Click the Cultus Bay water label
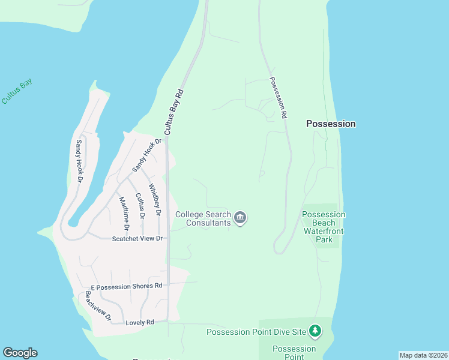[x=17, y=92]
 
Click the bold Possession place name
[x=331, y=124]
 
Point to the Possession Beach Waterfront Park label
[x=324, y=227]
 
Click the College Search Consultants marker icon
[x=240, y=217]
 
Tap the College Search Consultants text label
[x=203, y=218]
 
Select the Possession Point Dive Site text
[x=257, y=332]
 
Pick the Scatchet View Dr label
[x=137, y=239]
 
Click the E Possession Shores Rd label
[x=127, y=286]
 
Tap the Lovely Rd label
[x=140, y=323]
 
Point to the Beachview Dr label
[x=98, y=306]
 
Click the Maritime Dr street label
[x=124, y=214]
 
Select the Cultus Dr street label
[x=140, y=206]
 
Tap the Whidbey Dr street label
[x=155, y=199]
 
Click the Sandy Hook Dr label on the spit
[x=78, y=161]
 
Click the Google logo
[x=20, y=353]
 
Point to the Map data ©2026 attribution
[x=423, y=355]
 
